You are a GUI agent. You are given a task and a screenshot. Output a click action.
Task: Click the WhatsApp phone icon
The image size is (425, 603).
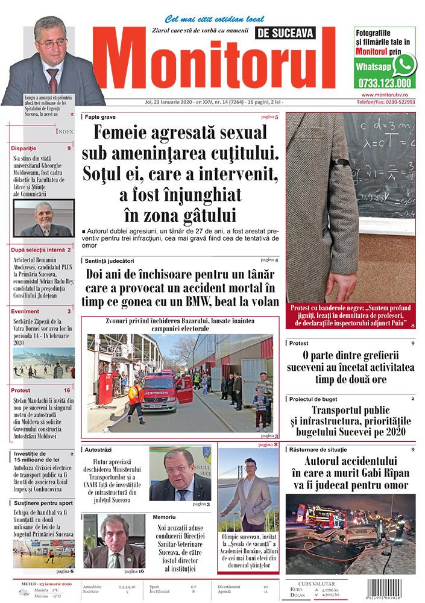click(403, 64)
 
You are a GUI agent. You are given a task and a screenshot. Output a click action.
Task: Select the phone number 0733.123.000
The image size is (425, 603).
click(383, 84)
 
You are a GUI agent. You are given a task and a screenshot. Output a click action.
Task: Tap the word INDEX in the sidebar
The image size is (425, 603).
click(65, 131)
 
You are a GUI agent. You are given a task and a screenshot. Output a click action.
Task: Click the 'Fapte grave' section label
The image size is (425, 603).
click(100, 116)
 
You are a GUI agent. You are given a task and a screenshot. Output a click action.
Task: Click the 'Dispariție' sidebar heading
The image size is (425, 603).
click(24, 148)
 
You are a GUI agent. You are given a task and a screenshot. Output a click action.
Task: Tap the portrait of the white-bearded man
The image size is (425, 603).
click(43, 218)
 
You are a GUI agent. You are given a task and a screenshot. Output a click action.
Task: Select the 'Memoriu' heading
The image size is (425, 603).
click(164, 517)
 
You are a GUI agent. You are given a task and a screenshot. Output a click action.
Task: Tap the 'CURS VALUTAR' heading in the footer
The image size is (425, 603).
click(332, 583)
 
